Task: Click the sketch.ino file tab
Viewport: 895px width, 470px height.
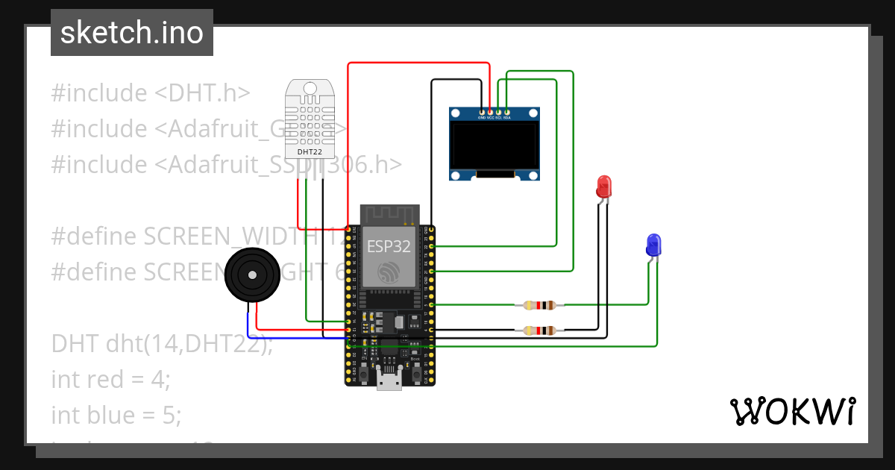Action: pyautogui.click(x=131, y=33)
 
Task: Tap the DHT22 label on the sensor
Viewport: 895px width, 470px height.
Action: pyautogui.click(x=310, y=151)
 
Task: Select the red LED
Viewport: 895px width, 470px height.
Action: pyautogui.click(x=604, y=186)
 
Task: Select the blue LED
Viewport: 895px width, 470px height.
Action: pyautogui.click(x=653, y=245)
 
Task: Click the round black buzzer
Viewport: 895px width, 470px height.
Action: pyautogui.click(x=253, y=275)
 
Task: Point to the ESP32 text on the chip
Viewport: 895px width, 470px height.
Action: pyautogui.click(x=388, y=248)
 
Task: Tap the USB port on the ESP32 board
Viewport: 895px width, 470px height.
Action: pyautogui.click(x=388, y=381)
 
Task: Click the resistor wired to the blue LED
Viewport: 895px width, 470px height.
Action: pyautogui.click(x=539, y=304)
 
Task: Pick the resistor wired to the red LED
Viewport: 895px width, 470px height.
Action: pyautogui.click(x=539, y=330)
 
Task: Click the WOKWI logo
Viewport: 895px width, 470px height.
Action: pyautogui.click(x=792, y=411)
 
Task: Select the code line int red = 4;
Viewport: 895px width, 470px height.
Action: pyautogui.click(x=111, y=380)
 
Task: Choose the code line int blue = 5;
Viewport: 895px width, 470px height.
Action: pyautogui.click(x=116, y=415)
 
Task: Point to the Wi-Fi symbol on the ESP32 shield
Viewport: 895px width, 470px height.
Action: pyautogui.click(x=388, y=272)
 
